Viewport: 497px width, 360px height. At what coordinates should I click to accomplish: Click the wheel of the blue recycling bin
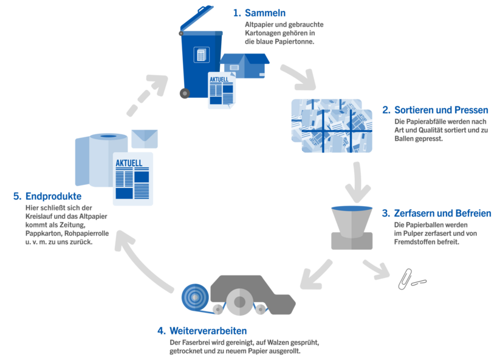tap(184, 93)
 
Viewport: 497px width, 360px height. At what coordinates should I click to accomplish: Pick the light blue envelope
tap(144, 139)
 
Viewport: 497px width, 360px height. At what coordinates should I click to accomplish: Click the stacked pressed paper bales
tap(331, 125)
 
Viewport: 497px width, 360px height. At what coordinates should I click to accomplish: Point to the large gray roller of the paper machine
tap(240, 301)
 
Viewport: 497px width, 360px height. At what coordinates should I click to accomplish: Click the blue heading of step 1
tap(259, 12)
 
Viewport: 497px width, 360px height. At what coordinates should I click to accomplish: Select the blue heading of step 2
tap(436, 110)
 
